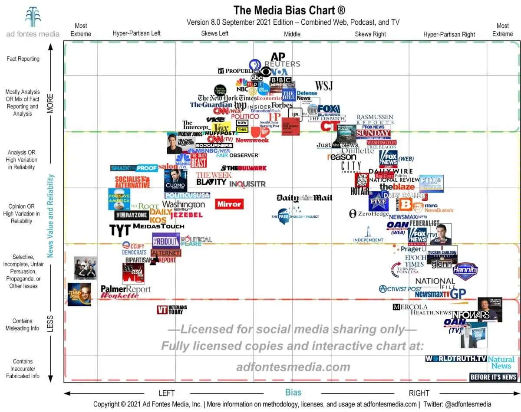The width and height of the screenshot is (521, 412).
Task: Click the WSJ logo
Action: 324,85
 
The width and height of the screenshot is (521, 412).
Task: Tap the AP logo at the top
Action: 278,57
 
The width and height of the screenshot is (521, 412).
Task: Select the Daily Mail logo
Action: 304,198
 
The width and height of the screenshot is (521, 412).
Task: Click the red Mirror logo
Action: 229,204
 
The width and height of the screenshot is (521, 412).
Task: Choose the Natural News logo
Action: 501,363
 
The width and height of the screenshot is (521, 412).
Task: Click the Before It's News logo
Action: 493,377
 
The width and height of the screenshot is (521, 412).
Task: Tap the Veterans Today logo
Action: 172,310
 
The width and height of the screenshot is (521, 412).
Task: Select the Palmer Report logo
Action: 125,289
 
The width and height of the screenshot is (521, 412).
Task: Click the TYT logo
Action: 119,230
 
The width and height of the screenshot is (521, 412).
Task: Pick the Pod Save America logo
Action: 119,199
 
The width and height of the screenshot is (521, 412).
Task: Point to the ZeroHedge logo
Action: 369,213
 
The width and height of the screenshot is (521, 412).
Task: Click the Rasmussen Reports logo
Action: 375,120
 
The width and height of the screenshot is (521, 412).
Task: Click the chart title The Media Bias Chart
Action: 289,10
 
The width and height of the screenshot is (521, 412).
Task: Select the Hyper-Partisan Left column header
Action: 136,33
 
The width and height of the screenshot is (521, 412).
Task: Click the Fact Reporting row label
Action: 23,59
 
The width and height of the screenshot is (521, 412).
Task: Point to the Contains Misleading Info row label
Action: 23,324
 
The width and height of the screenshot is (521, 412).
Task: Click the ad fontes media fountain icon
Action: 33,17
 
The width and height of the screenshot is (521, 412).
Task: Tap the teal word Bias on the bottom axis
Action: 293,392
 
